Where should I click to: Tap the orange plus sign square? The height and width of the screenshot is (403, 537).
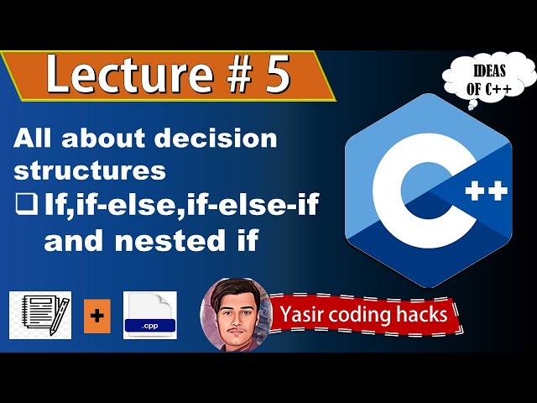tap(96, 315)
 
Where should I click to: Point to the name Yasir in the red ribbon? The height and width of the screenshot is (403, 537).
tap(305, 316)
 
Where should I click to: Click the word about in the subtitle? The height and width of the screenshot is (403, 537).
tap(99, 139)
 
